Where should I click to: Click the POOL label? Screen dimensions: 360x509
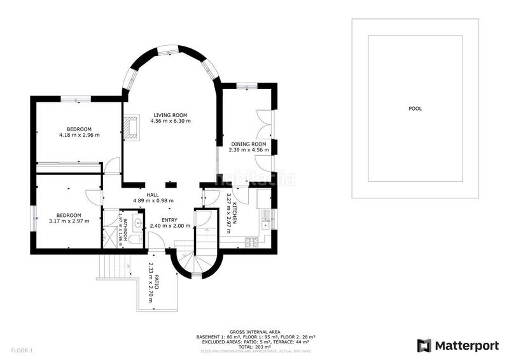pos(415,109)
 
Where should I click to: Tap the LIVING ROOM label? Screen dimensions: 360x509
pos(171,114)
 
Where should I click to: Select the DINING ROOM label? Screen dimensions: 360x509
pos(249,144)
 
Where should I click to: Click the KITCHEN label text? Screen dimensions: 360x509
pos(234,211)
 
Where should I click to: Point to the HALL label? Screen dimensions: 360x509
pos(153,195)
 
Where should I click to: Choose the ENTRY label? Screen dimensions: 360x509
pos(169,220)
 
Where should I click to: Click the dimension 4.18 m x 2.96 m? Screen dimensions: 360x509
pos(79,135)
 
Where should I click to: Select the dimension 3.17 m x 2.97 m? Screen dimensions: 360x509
pos(69,221)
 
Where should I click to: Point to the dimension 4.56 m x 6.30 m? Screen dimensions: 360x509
pos(171,121)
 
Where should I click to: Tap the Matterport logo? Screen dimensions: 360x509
pos(458,345)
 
